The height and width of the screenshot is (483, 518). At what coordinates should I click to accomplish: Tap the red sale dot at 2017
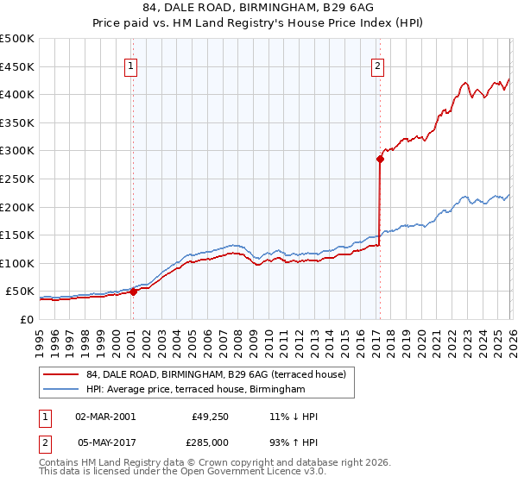(x=379, y=159)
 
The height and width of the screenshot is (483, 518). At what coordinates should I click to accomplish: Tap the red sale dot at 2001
(x=134, y=292)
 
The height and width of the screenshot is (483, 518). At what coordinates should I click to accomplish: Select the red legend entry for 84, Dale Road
(x=216, y=374)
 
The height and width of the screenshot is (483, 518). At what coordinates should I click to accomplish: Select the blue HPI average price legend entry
(x=196, y=390)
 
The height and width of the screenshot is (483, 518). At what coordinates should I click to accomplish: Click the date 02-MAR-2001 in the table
(x=105, y=417)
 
